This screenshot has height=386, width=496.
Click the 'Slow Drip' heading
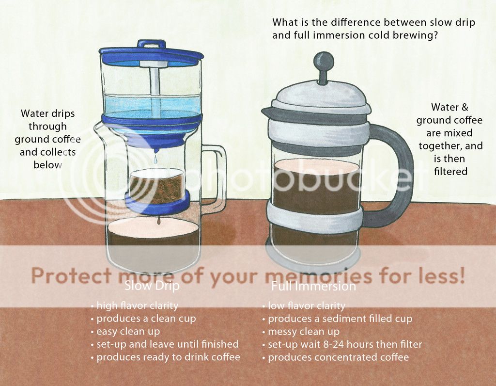(152, 286)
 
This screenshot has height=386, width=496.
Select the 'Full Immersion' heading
(313, 286)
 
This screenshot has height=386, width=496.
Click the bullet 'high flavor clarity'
(135, 306)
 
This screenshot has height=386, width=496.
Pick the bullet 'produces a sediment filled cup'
(338, 319)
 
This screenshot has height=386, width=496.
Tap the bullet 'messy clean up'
(301, 332)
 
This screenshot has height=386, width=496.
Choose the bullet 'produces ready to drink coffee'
(166, 357)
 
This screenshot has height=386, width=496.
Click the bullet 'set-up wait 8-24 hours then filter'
(342, 344)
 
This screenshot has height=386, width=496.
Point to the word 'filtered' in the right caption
(450, 171)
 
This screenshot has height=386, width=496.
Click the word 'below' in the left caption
(48, 165)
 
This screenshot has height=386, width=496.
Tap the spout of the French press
(267, 112)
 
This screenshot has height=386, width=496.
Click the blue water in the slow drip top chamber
(152, 104)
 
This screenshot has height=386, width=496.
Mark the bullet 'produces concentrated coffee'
(336, 357)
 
